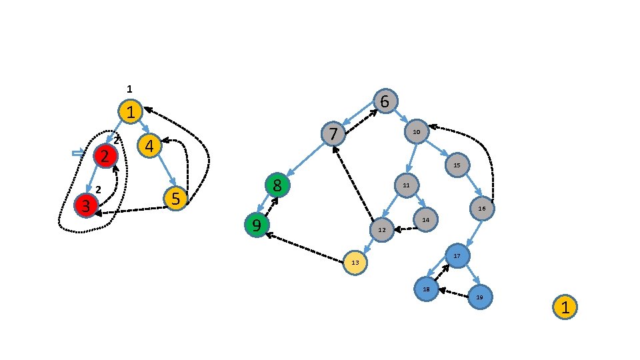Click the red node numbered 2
(105, 156)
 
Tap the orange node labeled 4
(150, 145)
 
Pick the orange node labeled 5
(176, 199)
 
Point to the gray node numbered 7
(333, 134)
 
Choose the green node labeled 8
(277, 186)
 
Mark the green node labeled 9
(256, 225)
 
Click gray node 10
(417, 132)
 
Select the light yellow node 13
(356, 263)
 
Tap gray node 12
(382, 229)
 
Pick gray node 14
(425, 219)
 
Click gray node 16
(482, 209)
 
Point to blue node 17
(457, 256)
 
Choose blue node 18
(426, 289)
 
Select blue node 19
(479, 297)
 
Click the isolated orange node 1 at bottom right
(565, 307)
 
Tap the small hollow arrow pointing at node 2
(78, 153)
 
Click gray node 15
(457, 165)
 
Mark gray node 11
(406, 185)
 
